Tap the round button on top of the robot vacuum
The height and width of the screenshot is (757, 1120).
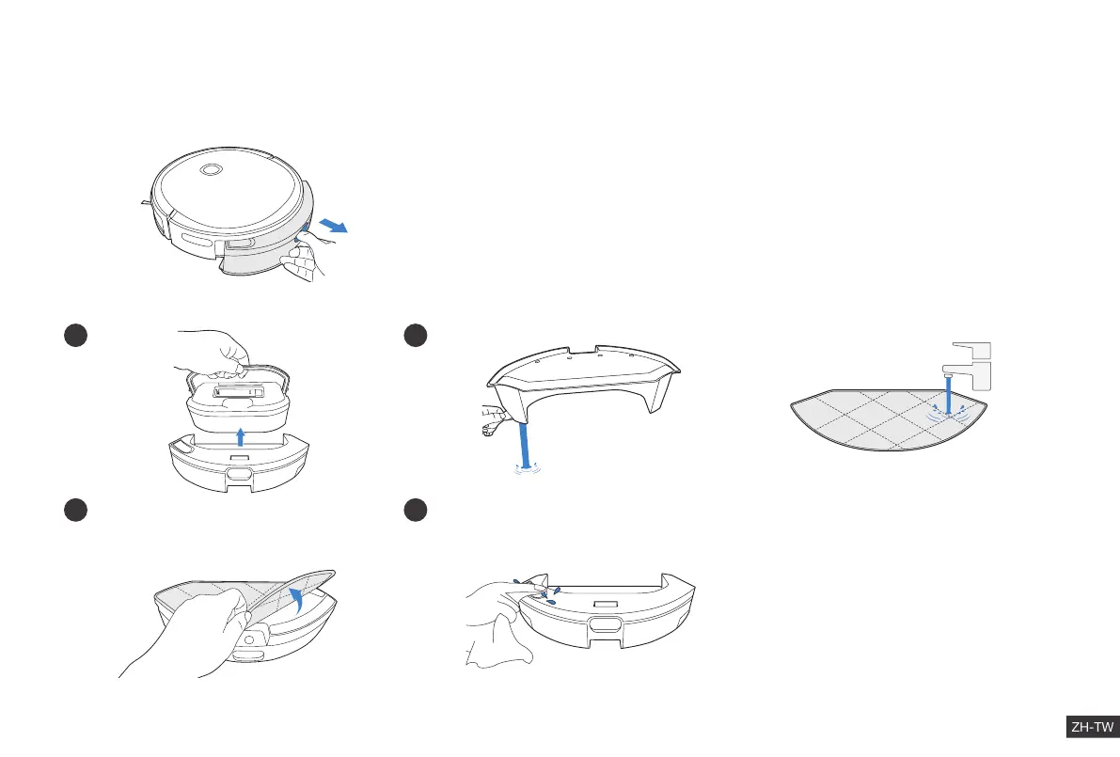211,170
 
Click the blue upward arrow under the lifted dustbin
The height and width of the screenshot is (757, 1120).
241,435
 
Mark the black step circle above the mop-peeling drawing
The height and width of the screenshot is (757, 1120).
74,509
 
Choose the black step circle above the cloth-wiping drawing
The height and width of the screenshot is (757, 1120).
415,509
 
